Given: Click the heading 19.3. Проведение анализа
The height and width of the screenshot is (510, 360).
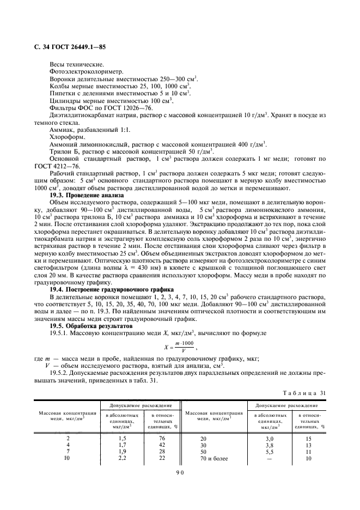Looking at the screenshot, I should [87, 195].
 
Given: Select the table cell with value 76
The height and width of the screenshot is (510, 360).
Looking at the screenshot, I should [161, 438].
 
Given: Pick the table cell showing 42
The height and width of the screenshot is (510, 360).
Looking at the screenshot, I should [161, 445].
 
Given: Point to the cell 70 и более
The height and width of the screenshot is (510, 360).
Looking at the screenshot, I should [212, 458].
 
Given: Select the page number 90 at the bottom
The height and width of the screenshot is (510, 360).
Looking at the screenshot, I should [180, 473].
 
